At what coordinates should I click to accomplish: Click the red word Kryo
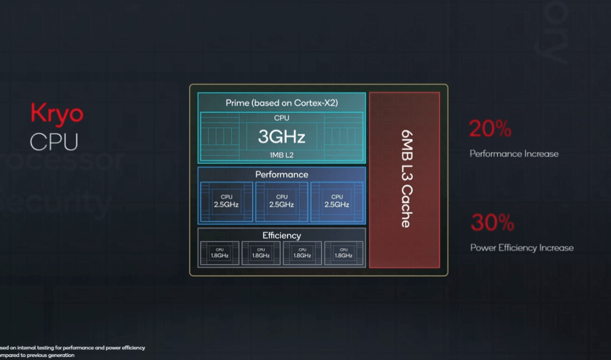57,114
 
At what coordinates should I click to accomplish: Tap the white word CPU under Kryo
54,142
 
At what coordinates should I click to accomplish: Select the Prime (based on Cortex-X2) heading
281,103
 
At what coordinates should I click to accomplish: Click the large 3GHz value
281,136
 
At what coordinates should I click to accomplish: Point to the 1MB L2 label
281,154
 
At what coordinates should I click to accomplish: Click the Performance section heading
281,174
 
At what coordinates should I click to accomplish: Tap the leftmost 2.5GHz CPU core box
226,201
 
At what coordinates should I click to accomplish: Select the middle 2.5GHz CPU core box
282,201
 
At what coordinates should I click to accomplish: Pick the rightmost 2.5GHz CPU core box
337,201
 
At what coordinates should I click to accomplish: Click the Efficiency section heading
281,236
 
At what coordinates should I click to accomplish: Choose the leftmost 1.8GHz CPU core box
220,253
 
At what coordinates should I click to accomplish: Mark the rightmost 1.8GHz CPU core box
344,253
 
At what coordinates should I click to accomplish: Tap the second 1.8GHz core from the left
261,253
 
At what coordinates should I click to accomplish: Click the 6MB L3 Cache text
405,179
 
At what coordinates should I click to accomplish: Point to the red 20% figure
490,129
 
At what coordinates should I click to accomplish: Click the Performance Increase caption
514,154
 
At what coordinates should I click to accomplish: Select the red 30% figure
492,223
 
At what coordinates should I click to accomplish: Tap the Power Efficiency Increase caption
521,248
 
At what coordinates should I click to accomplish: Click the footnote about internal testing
72,351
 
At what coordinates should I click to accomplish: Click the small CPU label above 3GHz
281,118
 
